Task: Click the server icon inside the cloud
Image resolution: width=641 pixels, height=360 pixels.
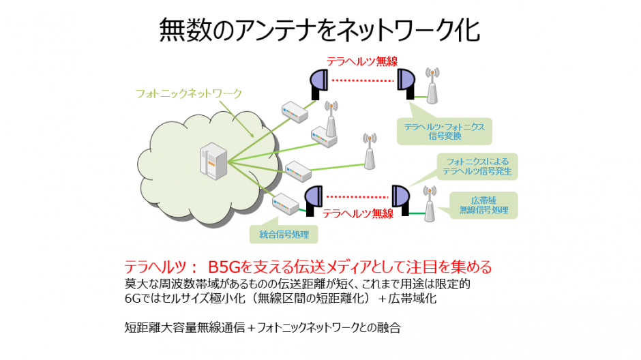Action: click(213, 161)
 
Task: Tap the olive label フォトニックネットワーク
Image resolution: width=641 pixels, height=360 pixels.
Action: click(189, 93)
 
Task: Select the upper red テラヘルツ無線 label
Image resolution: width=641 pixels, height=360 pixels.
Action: click(362, 61)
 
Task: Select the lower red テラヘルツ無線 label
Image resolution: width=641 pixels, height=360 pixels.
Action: click(358, 213)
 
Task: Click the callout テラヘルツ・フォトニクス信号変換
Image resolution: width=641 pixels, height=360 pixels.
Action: click(445, 131)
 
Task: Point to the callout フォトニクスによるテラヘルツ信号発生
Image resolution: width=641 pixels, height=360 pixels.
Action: click(477, 166)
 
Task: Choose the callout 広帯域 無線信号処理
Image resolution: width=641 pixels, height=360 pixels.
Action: click(483, 205)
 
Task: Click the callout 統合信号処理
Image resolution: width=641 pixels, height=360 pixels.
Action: click(284, 235)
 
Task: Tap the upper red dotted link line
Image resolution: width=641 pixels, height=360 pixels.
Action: click(362, 80)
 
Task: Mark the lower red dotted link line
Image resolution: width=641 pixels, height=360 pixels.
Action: click(357, 197)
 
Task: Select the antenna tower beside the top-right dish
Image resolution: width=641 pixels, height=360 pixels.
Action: click(432, 86)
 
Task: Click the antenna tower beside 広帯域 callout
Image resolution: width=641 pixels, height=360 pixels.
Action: click(429, 204)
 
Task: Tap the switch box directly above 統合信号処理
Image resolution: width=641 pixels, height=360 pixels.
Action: click(286, 203)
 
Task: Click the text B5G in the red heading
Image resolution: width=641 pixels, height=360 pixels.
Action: click(224, 267)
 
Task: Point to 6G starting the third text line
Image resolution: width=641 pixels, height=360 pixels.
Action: click(132, 299)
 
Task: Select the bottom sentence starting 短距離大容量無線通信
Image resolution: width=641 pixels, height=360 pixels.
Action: click(263, 327)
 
